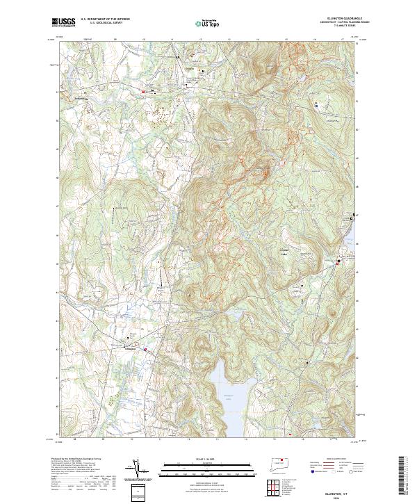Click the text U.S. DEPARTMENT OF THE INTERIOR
pyautogui.click(x=105, y=19)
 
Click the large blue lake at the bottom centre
pyautogui.click(x=226, y=400)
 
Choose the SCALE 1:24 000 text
pyautogui.click(x=208, y=457)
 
